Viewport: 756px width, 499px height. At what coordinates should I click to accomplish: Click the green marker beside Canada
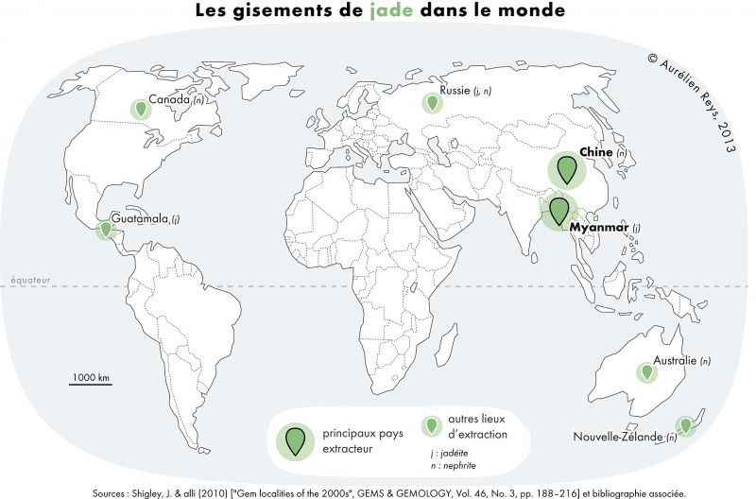[x=141, y=110]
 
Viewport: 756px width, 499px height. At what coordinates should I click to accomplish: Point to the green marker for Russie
[x=432, y=102]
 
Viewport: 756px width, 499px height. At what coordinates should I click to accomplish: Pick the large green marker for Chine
[x=567, y=169]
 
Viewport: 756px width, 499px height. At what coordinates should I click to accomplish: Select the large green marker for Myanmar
[x=558, y=210]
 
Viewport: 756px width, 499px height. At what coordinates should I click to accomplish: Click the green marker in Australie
[x=646, y=372]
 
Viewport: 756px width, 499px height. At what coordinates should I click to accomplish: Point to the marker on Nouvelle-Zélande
[x=684, y=425]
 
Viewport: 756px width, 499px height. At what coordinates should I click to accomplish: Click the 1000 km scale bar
[x=91, y=383]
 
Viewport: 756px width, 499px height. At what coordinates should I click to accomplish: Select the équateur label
[x=30, y=280]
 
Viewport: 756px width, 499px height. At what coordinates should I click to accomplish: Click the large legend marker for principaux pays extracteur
[x=296, y=439]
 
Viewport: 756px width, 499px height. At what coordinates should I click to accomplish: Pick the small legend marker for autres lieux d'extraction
[x=432, y=426]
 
